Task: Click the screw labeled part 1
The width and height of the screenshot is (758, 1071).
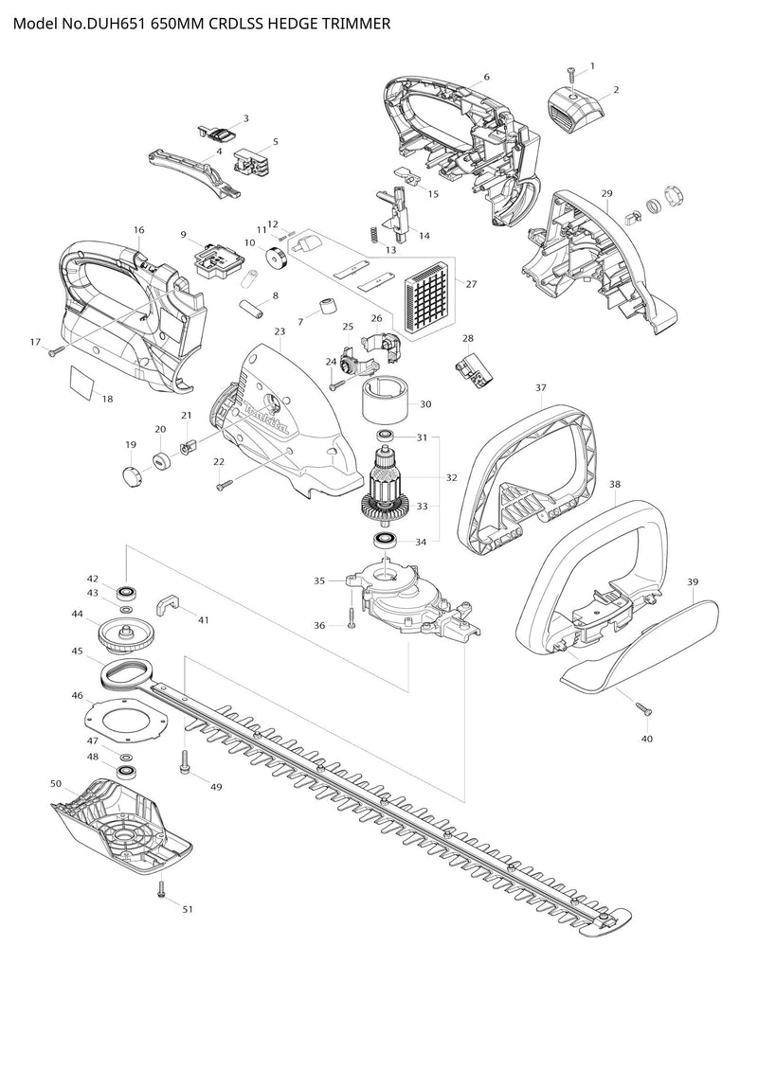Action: pos(570,74)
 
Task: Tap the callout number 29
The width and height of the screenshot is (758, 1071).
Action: pos(607,193)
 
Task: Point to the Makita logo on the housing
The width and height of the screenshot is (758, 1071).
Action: pos(265,418)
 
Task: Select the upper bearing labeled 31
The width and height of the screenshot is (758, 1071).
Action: pos(385,436)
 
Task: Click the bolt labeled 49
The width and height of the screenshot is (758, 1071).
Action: pos(185,761)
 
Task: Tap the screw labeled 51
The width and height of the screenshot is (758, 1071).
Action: pos(161,889)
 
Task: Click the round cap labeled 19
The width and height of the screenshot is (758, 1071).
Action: pos(131,473)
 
